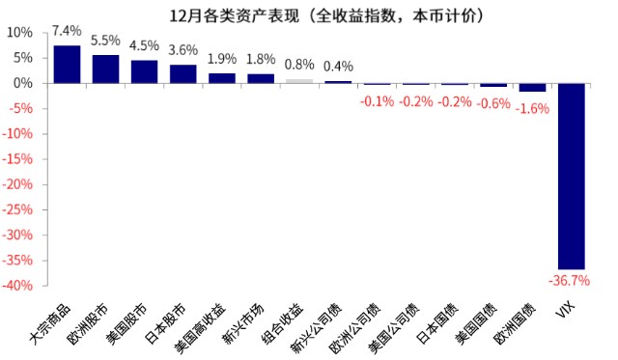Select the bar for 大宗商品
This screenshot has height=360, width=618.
coord(67,64)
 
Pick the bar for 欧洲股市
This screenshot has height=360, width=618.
coord(105,69)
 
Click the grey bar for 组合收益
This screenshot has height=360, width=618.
coord(299,81)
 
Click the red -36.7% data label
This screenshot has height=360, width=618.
coord(569,281)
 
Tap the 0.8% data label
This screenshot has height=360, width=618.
coord(299,65)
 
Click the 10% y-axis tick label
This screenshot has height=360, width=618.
coord(20,32)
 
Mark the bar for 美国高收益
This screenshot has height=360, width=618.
coord(222,78)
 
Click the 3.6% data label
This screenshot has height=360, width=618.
coord(183,49)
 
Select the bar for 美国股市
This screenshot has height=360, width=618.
coord(145,71)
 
